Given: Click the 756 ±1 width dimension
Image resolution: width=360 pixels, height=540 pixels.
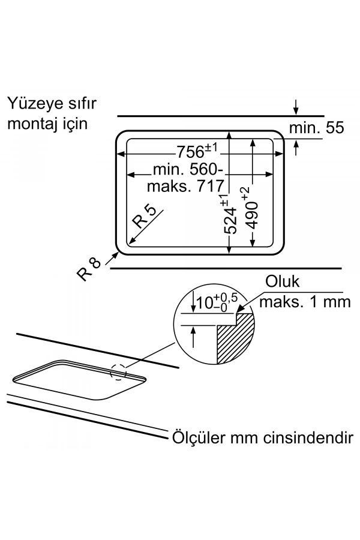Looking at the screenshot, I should click(x=196, y=150).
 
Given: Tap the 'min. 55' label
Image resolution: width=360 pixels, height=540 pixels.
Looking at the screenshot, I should click(x=316, y=128).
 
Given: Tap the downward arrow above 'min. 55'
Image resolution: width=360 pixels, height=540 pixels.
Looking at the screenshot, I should click(x=296, y=108).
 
